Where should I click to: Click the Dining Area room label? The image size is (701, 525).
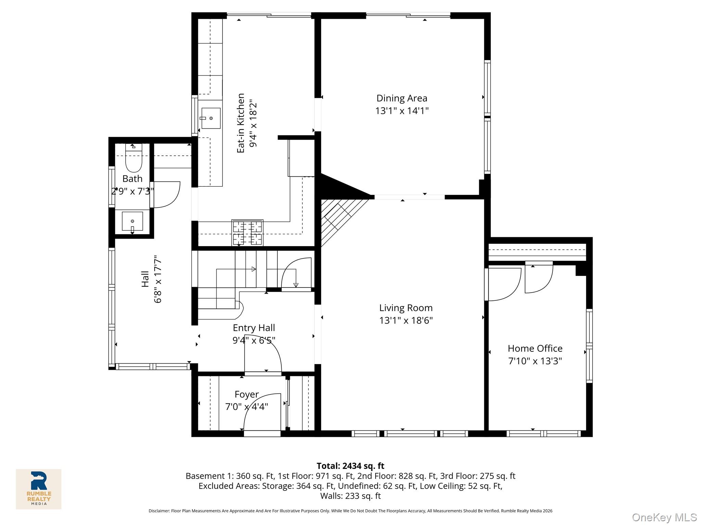(402, 98)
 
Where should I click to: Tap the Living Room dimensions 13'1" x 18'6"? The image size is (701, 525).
(406, 321)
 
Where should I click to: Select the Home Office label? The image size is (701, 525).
(535, 348)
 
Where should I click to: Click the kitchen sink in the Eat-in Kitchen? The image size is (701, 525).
(211, 118)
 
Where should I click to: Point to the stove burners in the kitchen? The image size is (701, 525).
(247, 233)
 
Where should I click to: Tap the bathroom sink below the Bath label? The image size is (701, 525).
(132, 221)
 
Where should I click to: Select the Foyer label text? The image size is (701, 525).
(246, 394)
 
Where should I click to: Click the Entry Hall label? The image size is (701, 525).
(254, 328)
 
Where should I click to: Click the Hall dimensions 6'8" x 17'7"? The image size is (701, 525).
(157, 279)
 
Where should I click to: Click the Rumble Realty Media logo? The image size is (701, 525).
(39, 489)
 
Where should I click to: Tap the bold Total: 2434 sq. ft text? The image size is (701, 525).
(350, 466)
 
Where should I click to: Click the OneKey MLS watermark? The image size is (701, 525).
(664, 517)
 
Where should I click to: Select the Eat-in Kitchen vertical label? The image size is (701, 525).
(241, 123)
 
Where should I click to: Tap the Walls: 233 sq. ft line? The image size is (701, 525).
(350, 496)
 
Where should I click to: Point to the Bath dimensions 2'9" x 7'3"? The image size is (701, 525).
(132, 191)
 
